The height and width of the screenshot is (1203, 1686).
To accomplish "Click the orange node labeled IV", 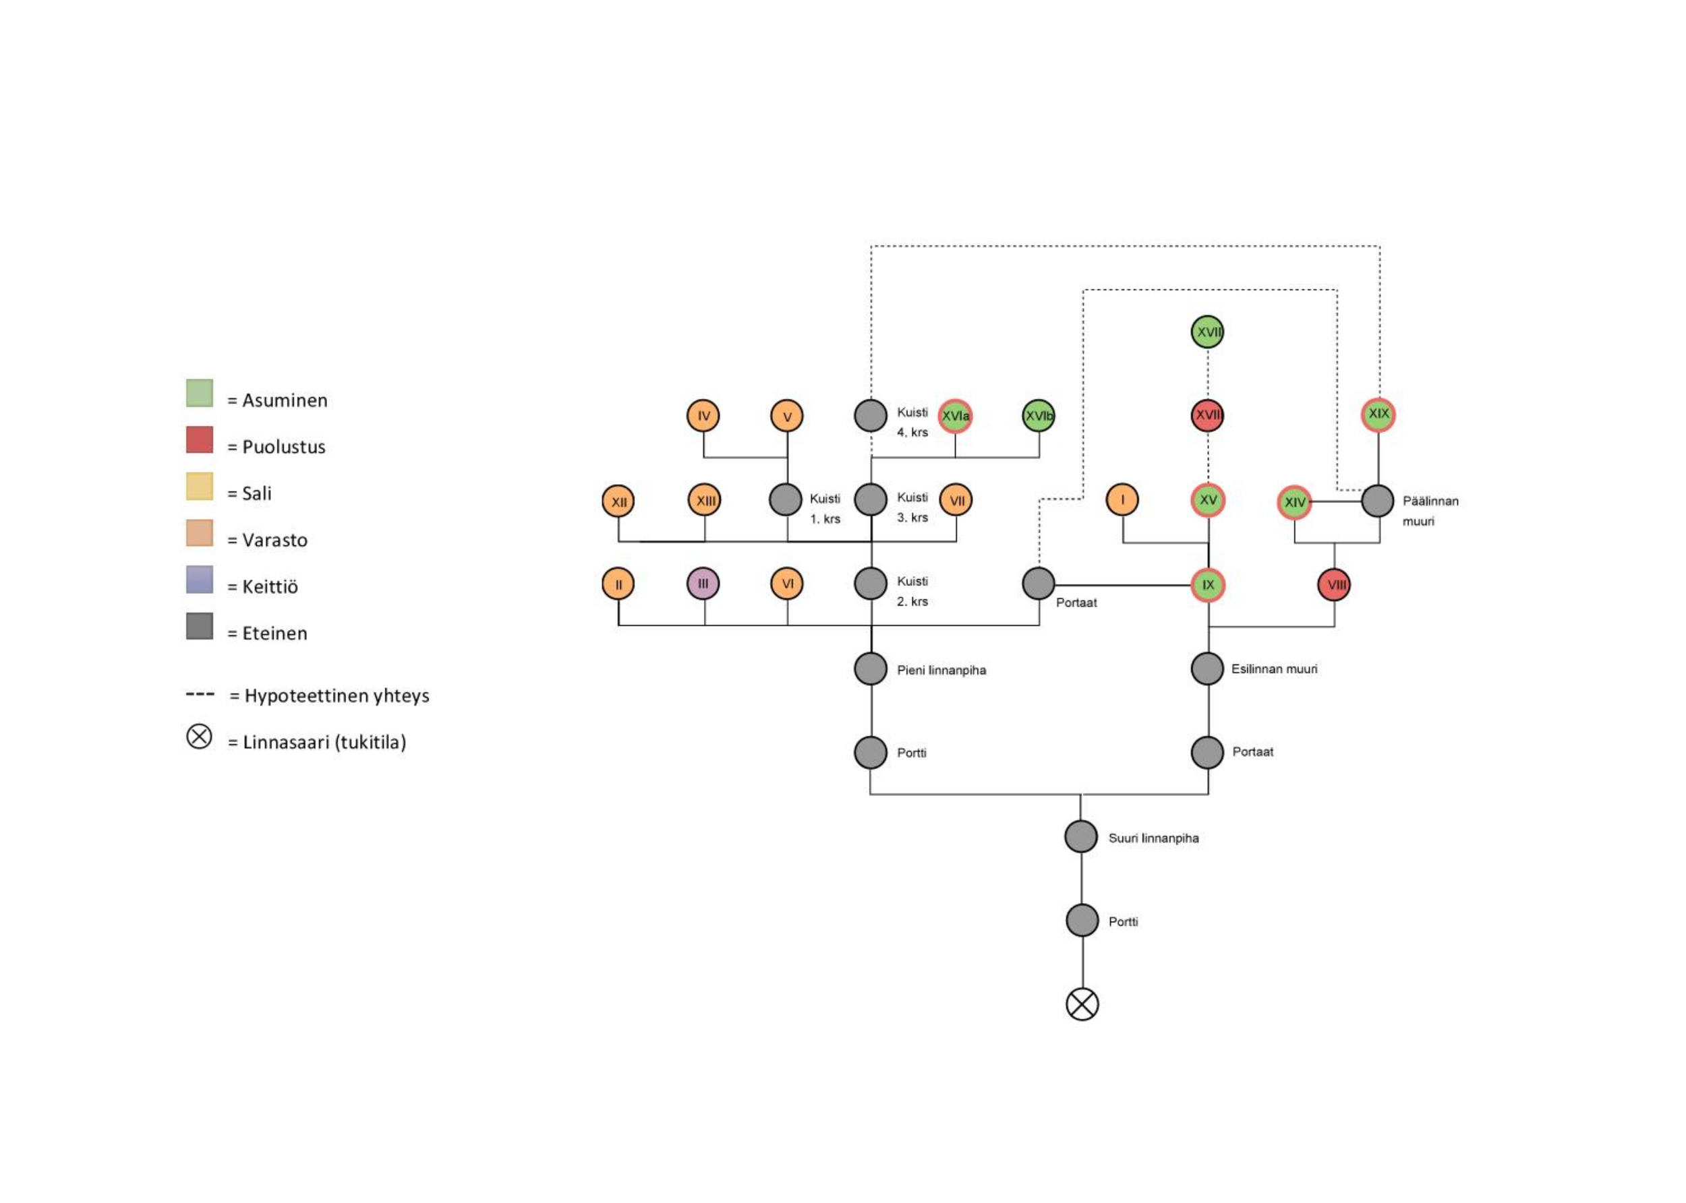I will (x=703, y=416).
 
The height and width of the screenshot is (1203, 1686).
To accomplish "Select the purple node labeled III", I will (x=703, y=584).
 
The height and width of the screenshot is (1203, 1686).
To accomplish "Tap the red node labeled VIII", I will (x=1334, y=585).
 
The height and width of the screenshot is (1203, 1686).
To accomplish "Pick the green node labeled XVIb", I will (x=1039, y=416).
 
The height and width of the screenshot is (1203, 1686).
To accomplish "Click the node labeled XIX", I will (x=1378, y=414).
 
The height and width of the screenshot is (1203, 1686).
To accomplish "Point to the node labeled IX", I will (x=1208, y=585).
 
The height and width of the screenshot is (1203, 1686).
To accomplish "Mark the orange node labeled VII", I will (x=956, y=500).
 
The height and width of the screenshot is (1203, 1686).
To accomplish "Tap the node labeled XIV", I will (x=1295, y=502).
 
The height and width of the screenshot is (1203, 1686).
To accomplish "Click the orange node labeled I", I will (x=1122, y=500).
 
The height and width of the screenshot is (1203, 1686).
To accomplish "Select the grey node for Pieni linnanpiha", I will (x=871, y=669).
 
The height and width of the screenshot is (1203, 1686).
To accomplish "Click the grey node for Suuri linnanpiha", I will (x=1081, y=836).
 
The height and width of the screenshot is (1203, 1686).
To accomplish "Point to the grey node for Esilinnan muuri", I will (x=1207, y=669).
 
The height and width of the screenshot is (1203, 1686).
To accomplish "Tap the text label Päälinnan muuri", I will (x=1430, y=511).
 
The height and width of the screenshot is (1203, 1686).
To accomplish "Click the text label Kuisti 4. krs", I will (x=912, y=423).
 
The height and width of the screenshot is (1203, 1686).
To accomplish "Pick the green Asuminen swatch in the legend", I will (x=200, y=394).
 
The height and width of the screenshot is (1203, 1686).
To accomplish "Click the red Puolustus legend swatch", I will (x=200, y=440).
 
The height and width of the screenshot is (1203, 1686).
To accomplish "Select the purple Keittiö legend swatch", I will (x=200, y=580).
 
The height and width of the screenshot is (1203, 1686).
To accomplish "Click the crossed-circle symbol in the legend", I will (x=200, y=737).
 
